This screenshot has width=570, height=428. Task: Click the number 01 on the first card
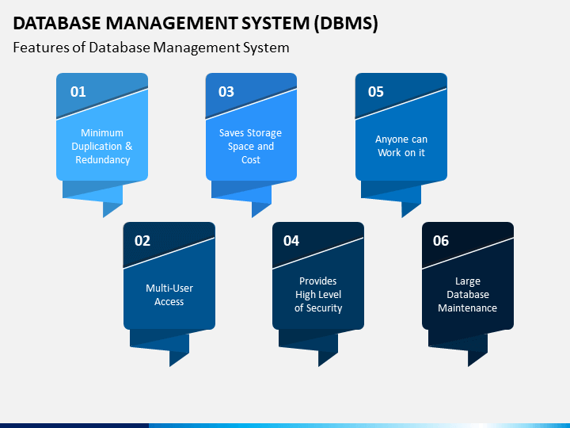tap(78, 92)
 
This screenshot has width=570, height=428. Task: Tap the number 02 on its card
tap(142, 241)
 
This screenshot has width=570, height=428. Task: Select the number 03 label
tap(226, 92)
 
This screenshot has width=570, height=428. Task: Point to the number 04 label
tap(291, 241)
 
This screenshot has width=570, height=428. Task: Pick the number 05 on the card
tap(376, 92)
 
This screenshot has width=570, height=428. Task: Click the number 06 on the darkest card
tap(441, 241)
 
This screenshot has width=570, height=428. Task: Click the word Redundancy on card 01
tap(102, 160)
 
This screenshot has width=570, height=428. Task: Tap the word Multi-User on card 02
tap(169, 288)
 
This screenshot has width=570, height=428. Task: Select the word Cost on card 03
tap(251, 160)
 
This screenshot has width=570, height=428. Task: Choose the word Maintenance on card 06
tap(468, 308)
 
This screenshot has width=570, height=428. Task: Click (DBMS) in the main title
tap(346, 23)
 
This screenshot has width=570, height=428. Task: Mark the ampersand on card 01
tap(129, 147)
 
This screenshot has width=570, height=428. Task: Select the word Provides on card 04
tap(318, 281)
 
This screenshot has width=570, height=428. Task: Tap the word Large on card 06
tap(468, 281)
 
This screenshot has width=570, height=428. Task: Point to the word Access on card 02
tap(169, 302)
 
